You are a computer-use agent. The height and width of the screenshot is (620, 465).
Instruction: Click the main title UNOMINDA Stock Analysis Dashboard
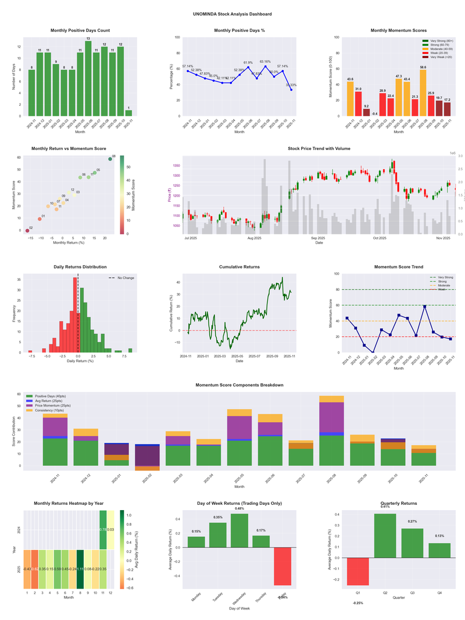tap(233, 13)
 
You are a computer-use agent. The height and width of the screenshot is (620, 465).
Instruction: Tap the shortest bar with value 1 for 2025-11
tap(128, 113)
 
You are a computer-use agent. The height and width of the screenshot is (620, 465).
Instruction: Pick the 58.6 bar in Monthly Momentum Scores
tap(423, 93)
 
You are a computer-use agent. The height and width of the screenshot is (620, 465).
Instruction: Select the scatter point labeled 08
tap(110, 159)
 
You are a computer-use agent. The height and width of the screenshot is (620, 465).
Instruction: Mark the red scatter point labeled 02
tap(27, 231)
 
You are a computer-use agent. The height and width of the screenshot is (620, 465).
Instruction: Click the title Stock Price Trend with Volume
tap(319, 149)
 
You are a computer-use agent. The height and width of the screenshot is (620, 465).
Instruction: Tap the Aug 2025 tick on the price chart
tap(254, 238)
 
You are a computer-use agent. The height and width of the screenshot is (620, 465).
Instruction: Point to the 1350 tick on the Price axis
tap(177, 166)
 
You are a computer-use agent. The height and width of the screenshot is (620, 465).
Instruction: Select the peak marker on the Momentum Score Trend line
tap(425, 307)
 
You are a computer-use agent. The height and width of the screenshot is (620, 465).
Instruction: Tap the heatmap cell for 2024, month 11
tap(103, 530)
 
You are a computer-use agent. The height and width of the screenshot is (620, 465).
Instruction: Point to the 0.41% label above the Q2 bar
tap(385, 507)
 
